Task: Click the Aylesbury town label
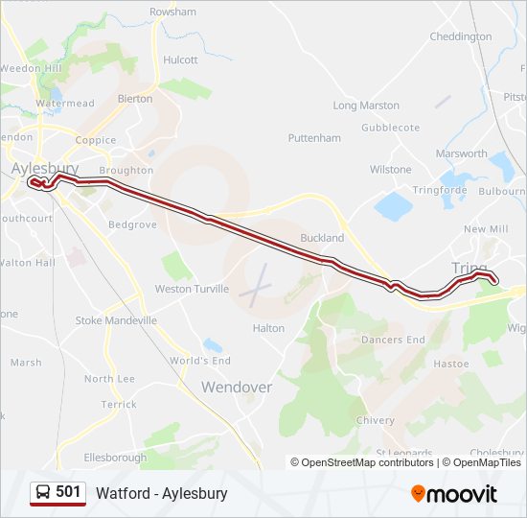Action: point(45,168)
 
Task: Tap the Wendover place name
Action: point(236,388)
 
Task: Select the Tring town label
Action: point(469,268)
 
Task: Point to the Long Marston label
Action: point(365,106)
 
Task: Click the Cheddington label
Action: point(461,37)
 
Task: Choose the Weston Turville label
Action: point(192,289)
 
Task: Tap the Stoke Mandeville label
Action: point(116,320)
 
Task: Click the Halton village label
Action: point(268,328)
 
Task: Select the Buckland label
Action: point(322,238)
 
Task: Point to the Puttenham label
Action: point(313,138)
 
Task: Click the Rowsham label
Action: point(172,12)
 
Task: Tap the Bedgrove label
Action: point(132,224)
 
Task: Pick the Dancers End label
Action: point(392,340)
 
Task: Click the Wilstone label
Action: point(390,170)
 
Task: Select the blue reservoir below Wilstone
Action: point(393,204)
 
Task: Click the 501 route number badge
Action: point(68,492)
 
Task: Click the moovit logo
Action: point(454,494)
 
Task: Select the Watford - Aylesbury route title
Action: point(162,493)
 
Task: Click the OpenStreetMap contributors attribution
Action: point(367,462)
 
